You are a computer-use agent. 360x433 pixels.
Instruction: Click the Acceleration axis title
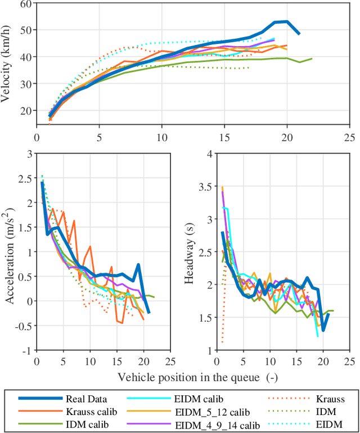point(10,251)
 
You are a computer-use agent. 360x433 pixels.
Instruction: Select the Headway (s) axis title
point(190,251)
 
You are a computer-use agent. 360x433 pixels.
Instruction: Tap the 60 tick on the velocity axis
point(26,4)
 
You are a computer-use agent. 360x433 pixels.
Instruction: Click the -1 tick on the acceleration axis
point(26,350)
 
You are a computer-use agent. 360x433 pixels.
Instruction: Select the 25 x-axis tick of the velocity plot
point(349,137)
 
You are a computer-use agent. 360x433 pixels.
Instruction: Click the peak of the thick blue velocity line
point(287,21)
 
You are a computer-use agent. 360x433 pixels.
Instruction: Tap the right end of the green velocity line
point(312,58)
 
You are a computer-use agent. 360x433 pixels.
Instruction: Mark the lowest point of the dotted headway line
point(222,342)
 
